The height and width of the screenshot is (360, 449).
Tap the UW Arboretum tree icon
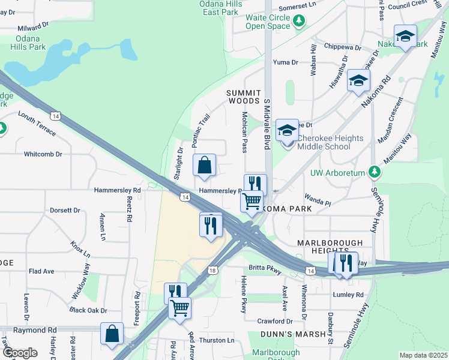click(375, 173)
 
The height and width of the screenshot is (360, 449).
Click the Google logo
click(20, 353)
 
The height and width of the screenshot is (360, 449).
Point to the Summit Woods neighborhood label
click(244, 97)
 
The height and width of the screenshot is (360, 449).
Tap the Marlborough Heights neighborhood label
click(330, 247)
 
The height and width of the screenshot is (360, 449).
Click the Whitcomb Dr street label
click(43, 154)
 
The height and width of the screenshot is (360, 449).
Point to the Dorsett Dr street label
click(65, 211)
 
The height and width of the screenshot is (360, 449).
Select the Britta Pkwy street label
click(265, 271)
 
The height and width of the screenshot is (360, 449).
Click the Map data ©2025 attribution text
click(423, 355)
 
